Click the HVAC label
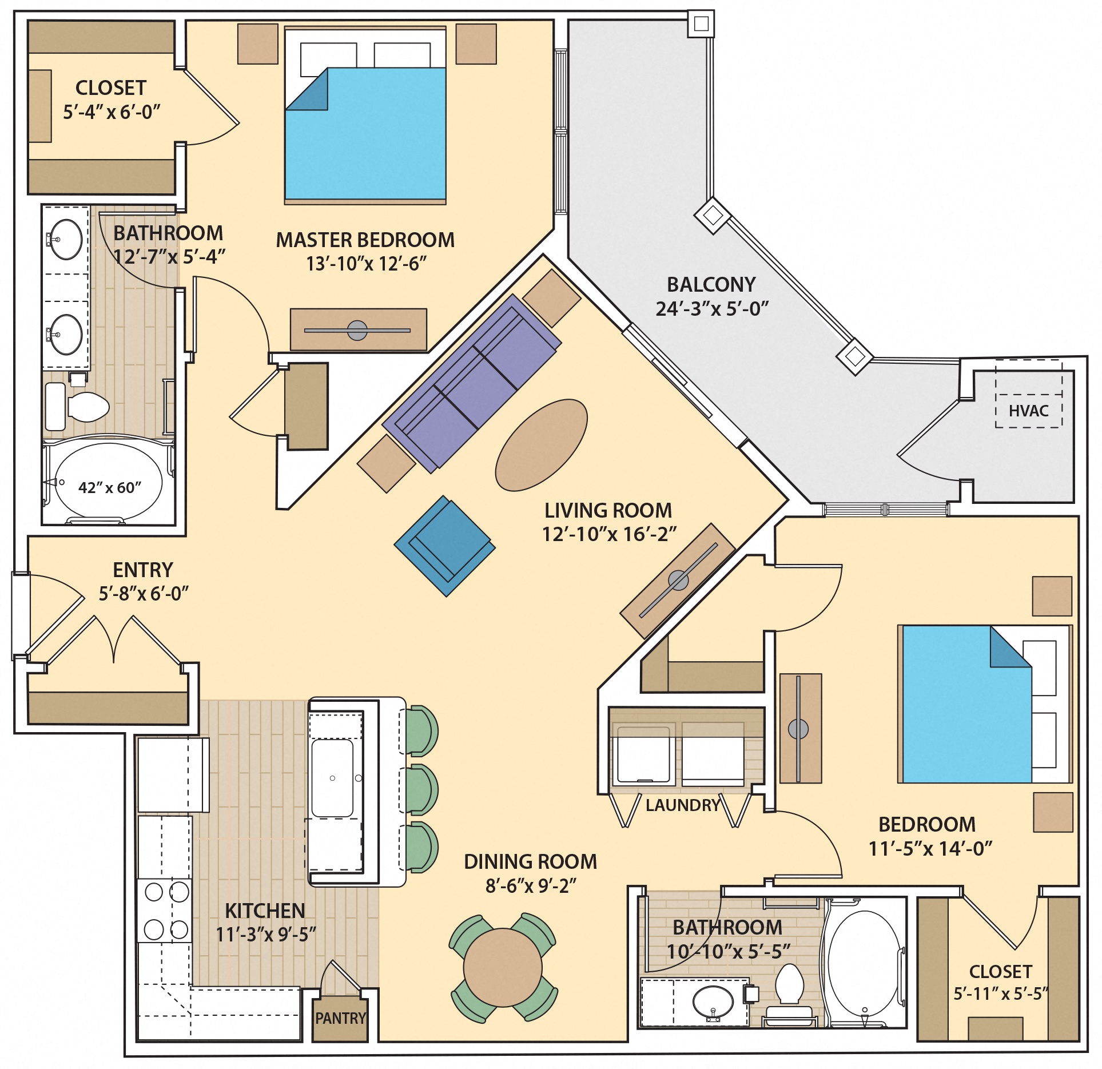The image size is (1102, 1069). click(x=1028, y=411)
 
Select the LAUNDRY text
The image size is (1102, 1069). click(x=682, y=805)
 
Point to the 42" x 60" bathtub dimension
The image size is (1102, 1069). click(x=110, y=487)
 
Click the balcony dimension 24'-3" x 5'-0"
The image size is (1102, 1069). click(x=711, y=309)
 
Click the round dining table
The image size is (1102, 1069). click(x=502, y=967)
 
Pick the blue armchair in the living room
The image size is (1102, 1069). click(x=445, y=546)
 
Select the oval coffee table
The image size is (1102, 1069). click(x=541, y=445)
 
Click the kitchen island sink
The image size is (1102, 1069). click(x=332, y=778)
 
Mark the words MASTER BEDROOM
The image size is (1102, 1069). click(x=365, y=240)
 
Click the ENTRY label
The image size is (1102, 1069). click(x=143, y=570)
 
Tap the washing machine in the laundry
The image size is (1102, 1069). click(x=641, y=754)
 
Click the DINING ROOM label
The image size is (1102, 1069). click(x=530, y=862)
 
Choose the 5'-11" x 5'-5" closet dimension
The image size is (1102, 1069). click(x=1000, y=994)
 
